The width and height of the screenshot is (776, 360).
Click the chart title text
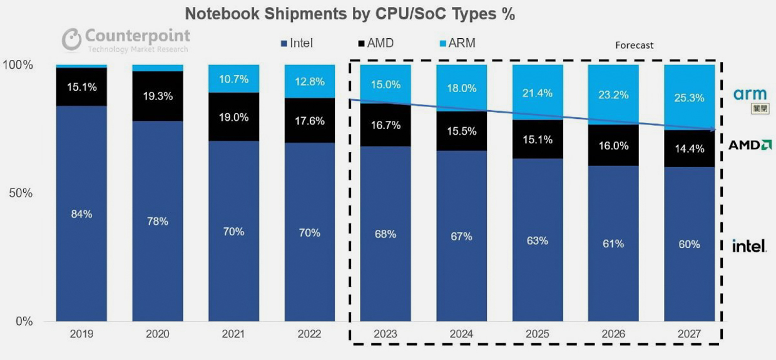point(349,15)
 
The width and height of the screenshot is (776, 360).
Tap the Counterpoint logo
point(126,39)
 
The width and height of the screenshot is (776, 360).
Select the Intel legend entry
point(297,44)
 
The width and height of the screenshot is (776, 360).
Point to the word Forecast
point(634,45)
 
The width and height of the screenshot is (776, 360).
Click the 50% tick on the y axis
point(21,193)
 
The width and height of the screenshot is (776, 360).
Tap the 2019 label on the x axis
point(81,334)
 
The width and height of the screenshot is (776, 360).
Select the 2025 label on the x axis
point(538,334)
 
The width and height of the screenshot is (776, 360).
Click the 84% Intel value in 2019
point(81,214)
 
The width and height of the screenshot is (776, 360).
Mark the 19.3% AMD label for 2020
point(157,96)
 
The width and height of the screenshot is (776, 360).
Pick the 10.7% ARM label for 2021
point(233,80)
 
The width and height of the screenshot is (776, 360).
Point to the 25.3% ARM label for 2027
point(689,98)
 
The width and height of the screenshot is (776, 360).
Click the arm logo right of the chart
point(750,95)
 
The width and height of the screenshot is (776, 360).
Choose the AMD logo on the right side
point(750,145)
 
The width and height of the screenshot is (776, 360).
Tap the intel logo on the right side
point(749,246)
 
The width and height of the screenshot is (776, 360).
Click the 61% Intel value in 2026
point(613,244)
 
